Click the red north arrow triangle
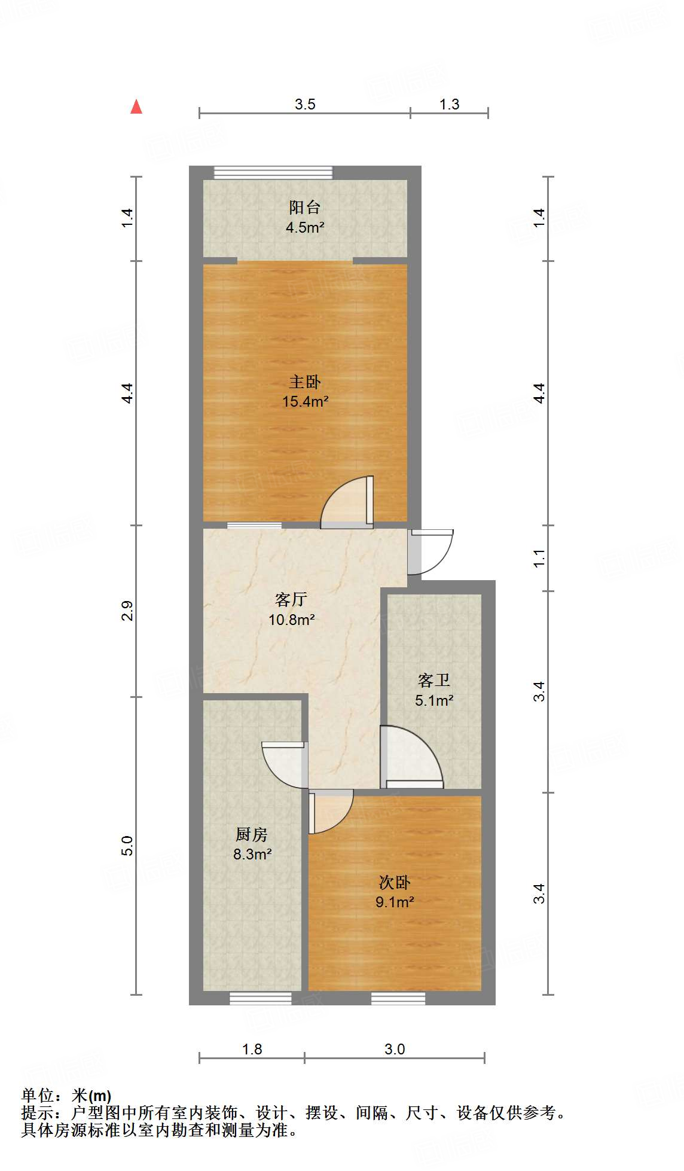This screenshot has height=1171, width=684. (136, 107)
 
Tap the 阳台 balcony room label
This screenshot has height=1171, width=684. (305, 208)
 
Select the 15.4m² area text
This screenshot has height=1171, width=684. (305, 401)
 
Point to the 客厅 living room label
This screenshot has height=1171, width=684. (291, 599)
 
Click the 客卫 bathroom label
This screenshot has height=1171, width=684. (433, 681)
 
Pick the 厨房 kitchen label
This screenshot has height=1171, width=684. (252, 834)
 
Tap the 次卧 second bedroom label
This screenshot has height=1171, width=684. (395, 883)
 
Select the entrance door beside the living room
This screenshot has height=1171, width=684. (430, 551)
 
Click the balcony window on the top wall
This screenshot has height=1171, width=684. (273, 173)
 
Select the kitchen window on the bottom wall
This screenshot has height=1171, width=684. (261, 998)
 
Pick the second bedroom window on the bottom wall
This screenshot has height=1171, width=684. (398, 998)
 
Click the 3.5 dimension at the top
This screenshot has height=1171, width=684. (305, 105)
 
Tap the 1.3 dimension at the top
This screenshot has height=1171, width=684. (449, 105)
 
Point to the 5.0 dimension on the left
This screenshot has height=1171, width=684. (127, 846)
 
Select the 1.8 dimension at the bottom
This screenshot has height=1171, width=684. (252, 1049)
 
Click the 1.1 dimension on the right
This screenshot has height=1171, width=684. (539, 559)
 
